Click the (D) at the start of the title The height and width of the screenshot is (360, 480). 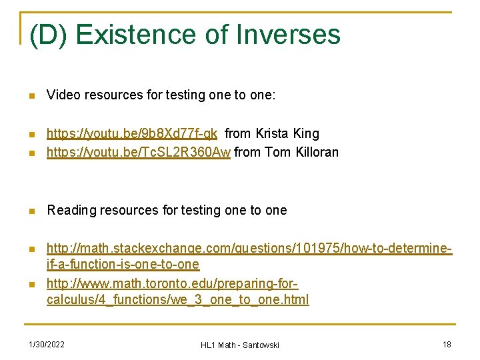tap(47, 35)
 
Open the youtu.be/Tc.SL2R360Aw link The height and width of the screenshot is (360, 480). tap(139, 152)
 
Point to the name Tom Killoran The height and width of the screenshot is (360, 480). tap(301, 152)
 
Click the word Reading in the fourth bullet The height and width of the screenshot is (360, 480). tap(71, 210)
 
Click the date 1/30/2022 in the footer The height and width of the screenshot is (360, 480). tap(47, 344)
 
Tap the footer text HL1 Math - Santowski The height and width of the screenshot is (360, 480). tap(240, 345)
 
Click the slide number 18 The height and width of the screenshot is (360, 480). tap(447, 344)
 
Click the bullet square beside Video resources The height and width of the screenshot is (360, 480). tap(31, 95)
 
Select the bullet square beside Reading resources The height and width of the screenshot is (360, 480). tap(31, 211)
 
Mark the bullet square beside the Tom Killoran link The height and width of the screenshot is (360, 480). tap(31, 153)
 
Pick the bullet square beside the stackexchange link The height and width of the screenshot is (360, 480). tap(31, 250)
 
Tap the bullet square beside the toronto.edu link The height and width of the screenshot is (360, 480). tap(31, 284)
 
